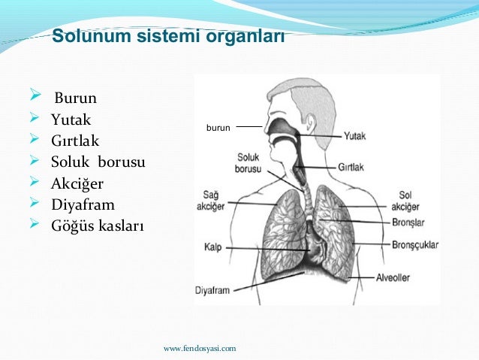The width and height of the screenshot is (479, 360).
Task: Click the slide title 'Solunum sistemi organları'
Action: (x=167, y=36)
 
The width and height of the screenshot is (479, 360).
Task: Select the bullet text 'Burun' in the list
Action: (x=75, y=98)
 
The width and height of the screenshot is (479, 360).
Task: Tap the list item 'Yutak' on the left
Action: (x=71, y=119)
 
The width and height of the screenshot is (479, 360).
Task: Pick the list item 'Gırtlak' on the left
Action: (x=75, y=141)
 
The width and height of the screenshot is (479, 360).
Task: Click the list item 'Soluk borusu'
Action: (x=98, y=162)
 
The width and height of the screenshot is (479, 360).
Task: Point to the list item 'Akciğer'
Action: (x=78, y=183)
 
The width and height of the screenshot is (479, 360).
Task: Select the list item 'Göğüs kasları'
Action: (x=97, y=225)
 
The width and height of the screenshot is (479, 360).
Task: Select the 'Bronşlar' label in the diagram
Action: (x=408, y=222)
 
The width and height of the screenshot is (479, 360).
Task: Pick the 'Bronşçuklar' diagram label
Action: (x=414, y=245)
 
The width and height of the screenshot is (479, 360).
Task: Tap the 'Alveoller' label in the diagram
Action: (x=393, y=277)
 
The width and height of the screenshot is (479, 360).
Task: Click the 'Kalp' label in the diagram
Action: (x=212, y=247)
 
